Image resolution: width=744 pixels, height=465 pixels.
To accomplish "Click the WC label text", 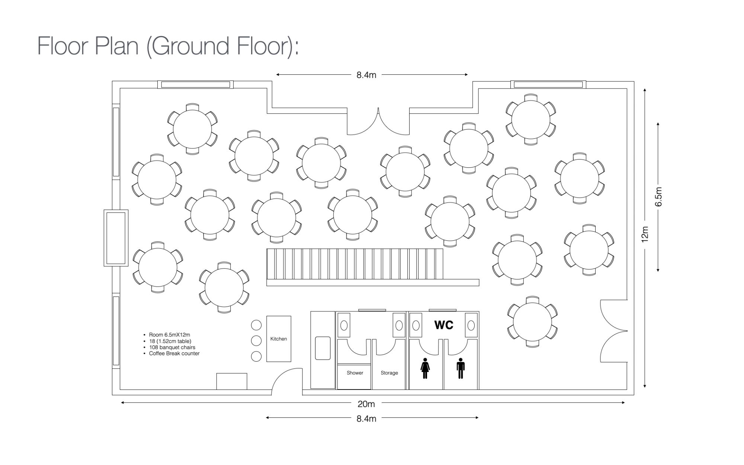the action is click(x=444, y=325).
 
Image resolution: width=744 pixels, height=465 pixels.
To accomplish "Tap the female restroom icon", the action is click(x=425, y=368).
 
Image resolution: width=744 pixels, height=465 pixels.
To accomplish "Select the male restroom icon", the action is click(x=461, y=368).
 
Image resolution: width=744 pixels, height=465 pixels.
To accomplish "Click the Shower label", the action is click(x=355, y=373).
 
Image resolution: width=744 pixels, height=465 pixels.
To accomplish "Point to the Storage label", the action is click(x=389, y=373).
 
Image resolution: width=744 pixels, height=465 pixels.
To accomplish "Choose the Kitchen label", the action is click(x=279, y=339).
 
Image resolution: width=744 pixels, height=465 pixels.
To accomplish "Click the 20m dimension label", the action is click(x=366, y=404).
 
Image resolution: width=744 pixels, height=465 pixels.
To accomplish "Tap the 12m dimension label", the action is click(x=645, y=234).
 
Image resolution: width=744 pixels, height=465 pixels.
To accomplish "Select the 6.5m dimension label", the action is click(x=658, y=197).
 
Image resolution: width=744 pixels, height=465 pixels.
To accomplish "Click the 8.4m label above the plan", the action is click(x=366, y=75).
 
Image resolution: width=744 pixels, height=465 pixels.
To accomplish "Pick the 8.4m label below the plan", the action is click(x=366, y=419).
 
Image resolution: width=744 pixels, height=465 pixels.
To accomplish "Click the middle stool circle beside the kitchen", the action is click(x=256, y=340).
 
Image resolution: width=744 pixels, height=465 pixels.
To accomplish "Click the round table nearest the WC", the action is click(x=533, y=322).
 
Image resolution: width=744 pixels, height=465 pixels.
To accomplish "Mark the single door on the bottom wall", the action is click(x=286, y=381).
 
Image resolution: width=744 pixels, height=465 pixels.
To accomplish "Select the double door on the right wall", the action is click(x=614, y=331).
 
